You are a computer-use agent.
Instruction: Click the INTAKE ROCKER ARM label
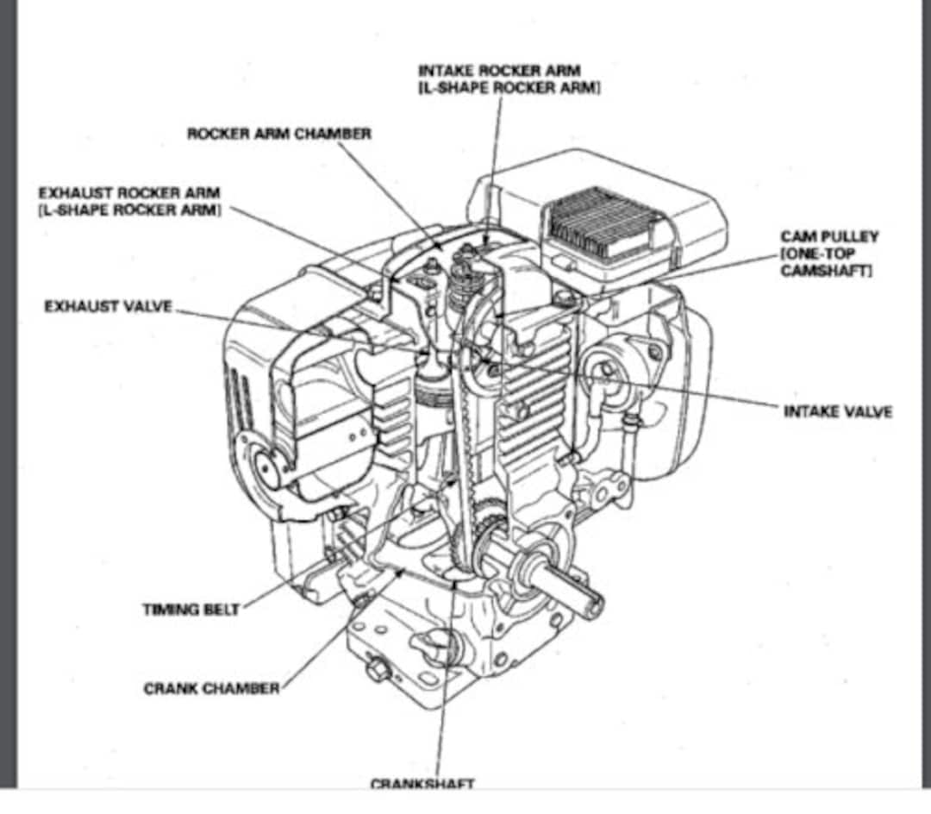pyautogui.click(x=498, y=71)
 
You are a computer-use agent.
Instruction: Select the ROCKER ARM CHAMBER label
pyautogui.click(x=279, y=134)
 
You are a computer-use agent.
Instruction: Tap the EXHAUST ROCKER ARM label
pyautogui.click(x=129, y=192)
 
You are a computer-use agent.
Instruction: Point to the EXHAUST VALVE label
pyautogui.click(x=109, y=307)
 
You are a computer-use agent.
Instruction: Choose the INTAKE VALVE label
pyautogui.click(x=837, y=411)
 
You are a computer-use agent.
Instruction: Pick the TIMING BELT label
pyautogui.click(x=191, y=610)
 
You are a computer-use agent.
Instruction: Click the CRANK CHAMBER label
pyautogui.click(x=211, y=688)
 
